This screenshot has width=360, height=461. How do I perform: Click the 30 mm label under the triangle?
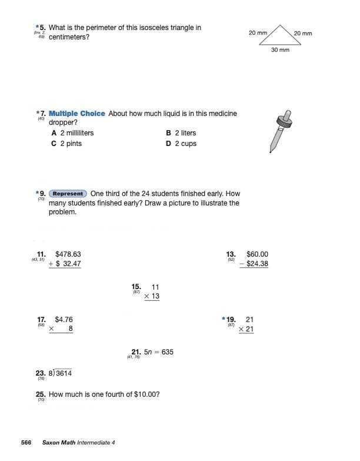[x=280, y=50]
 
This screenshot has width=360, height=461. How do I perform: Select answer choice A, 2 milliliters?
[x=72, y=133]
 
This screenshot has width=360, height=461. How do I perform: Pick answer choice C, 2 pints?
[x=66, y=144]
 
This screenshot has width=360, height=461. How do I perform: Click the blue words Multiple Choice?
[x=77, y=113]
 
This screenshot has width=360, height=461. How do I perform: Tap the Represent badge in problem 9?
[x=68, y=194]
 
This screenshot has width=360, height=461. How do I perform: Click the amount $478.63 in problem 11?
[x=68, y=254]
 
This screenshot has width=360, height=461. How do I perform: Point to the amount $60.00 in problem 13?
[x=257, y=254]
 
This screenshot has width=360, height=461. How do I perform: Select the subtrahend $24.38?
[x=257, y=264]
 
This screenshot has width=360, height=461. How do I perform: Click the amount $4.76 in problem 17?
[x=64, y=320]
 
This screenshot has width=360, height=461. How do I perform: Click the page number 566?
[x=26, y=442]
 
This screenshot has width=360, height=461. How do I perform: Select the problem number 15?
[x=136, y=287]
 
